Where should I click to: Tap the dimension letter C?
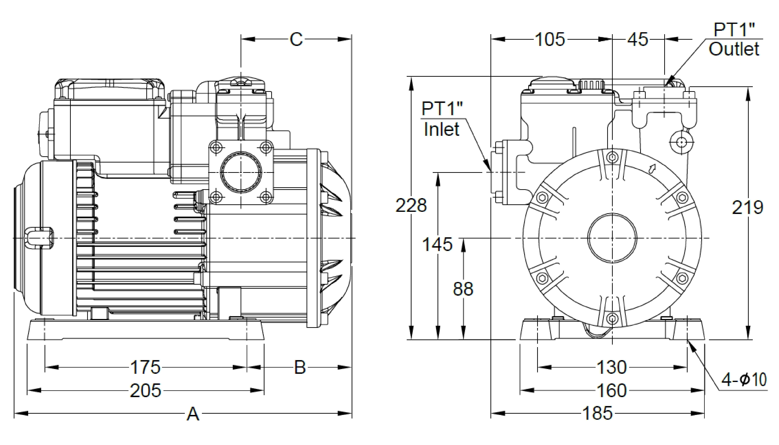[x=296, y=39]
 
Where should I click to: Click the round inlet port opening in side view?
[x=241, y=172]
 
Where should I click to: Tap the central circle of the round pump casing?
[x=612, y=238]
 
